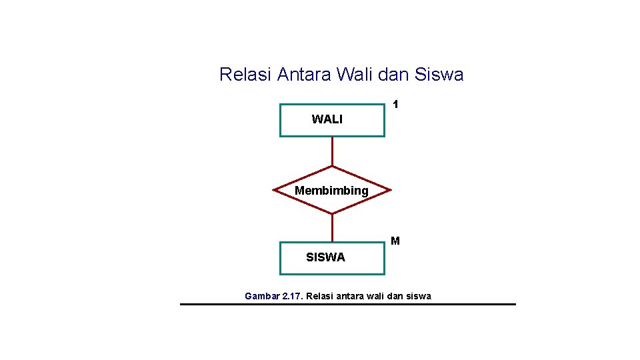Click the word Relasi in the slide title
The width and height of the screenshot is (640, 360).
click(245, 75)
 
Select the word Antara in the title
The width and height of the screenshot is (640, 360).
click(303, 75)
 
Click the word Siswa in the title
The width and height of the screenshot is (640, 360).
click(439, 75)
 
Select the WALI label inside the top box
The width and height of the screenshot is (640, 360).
click(327, 119)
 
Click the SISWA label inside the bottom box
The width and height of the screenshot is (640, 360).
click(325, 257)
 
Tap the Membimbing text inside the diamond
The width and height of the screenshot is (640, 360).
click(331, 191)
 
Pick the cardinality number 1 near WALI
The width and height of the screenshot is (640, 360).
click(395, 105)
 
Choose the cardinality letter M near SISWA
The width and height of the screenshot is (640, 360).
click(395, 241)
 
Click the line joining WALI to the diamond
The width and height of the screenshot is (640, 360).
click(332, 151)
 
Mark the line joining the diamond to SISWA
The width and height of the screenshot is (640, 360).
click(332, 227)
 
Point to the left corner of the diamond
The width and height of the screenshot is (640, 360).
click(275, 190)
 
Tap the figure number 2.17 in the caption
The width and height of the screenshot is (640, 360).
click(293, 296)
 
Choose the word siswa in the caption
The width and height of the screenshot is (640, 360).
click(419, 296)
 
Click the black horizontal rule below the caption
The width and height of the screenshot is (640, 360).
click(347, 304)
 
